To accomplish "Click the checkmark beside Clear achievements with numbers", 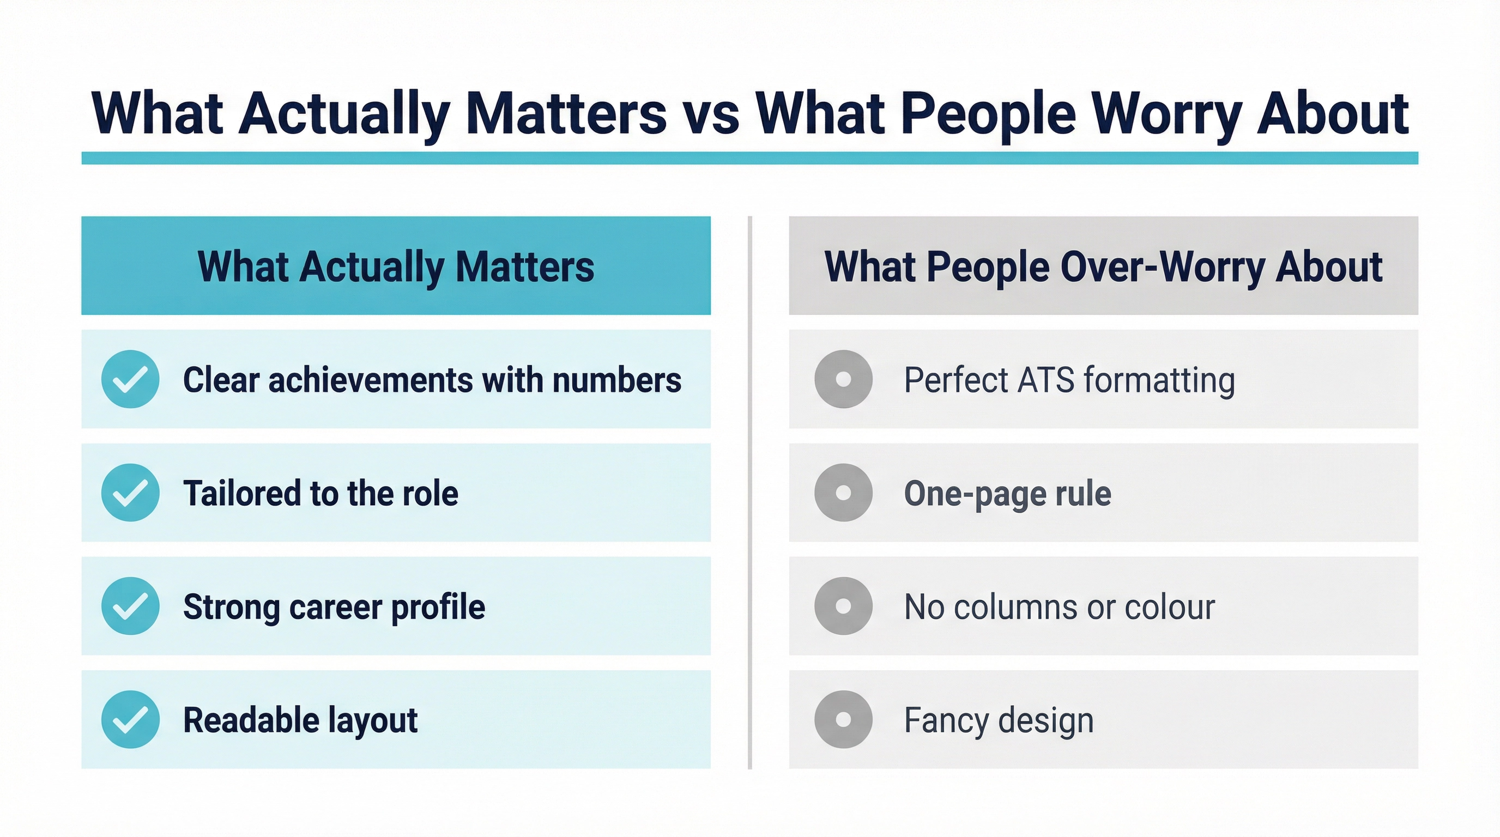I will (130, 379).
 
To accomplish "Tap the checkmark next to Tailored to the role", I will (130, 493).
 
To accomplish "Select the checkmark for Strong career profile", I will (130, 606).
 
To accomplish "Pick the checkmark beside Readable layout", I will (130, 719).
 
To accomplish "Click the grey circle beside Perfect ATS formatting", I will (843, 379).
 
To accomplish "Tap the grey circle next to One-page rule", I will (843, 493).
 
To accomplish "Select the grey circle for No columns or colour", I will (843, 606).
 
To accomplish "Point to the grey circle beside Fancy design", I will (843, 719).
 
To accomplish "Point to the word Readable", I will (251, 720).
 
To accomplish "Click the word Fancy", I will (945, 720).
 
